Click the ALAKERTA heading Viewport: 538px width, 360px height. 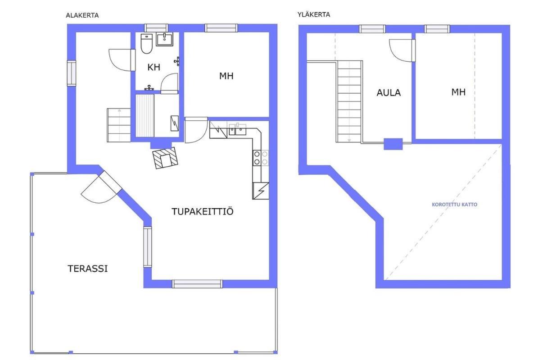[x=82, y=15]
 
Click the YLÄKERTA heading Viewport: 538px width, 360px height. [x=314, y=14]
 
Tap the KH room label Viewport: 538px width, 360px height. [x=154, y=67]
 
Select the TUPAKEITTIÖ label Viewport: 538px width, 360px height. [x=203, y=211]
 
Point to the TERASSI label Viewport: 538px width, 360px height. [x=87, y=268]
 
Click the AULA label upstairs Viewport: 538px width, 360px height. [x=389, y=93]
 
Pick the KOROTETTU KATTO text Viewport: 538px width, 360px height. [x=454, y=205]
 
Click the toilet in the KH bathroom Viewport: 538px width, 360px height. [x=146, y=44]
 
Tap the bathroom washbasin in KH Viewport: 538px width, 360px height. [x=165, y=39]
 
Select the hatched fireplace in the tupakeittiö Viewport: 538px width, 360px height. [x=166, y=158]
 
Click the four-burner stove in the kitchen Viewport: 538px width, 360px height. [x=260, y=158]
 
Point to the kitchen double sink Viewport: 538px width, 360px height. [x=237, y=129]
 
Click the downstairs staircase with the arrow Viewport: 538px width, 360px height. [x=119, y=125]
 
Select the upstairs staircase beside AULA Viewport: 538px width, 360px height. [x=349, y=102]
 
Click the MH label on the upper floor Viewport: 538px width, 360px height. [x=458, y=92]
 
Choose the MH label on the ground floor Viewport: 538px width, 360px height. [x=226, y=76]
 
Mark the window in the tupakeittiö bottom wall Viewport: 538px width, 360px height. [x=197, y=284]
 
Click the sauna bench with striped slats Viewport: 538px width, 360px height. [x=145, y=116]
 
